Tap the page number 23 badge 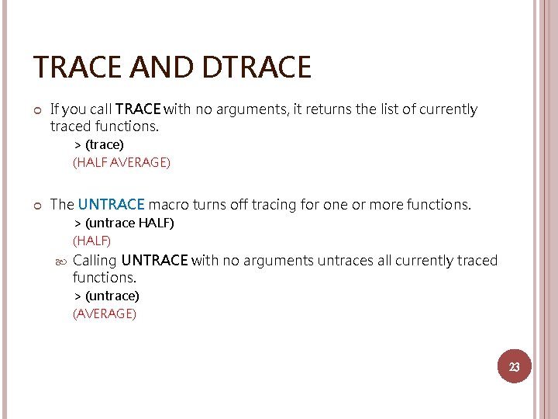tap(514, 367)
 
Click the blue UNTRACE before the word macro tap(111, 205)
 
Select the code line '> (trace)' tap(98, 145)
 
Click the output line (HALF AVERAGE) tap(122, 162)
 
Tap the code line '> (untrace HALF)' tap(123, 223)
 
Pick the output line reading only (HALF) tap(92, 241)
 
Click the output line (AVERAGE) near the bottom tap(105, 313)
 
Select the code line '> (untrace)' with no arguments tap(106, 296)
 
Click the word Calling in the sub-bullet tap(95, 261)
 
